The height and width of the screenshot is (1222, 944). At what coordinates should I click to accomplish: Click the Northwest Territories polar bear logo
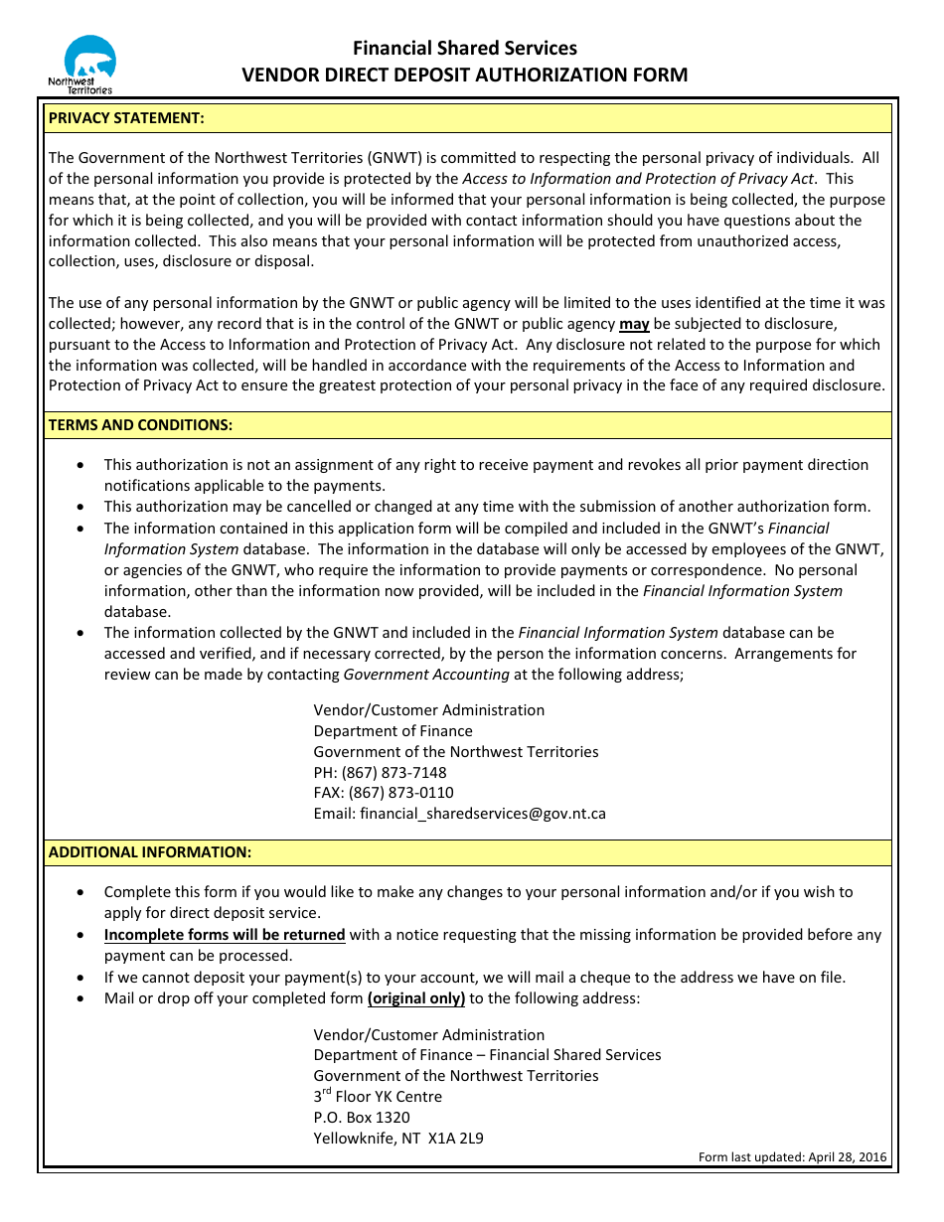click(86, 64)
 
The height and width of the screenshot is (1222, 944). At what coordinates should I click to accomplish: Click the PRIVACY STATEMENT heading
click(126, 118)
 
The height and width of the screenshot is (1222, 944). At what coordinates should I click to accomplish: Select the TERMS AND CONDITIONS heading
click(140, 425)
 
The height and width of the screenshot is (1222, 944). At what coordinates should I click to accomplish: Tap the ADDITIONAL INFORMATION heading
click(150, 852)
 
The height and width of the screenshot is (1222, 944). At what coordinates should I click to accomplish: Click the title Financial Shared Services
click(465, 48)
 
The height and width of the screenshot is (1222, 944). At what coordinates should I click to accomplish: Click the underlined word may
click(634, 324)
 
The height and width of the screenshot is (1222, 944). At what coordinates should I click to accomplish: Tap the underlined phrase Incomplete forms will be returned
click(225, 935)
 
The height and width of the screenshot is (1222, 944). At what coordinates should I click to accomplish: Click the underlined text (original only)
click(416, 998)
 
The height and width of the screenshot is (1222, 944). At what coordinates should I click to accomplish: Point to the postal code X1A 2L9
click(455, 1139)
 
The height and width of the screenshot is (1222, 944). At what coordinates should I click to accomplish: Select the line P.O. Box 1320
click(362, 1118)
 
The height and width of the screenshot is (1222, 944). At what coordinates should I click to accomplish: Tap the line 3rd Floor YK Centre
click(378, 1097)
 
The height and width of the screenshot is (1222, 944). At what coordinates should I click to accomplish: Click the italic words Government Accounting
click(426, 675)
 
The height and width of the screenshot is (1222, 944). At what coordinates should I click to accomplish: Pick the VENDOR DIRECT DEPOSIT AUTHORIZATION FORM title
click(465, 76)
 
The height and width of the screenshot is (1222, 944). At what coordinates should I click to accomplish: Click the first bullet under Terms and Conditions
click(80, 465)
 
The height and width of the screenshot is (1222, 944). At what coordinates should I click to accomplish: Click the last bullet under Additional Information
click(80, 998)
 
